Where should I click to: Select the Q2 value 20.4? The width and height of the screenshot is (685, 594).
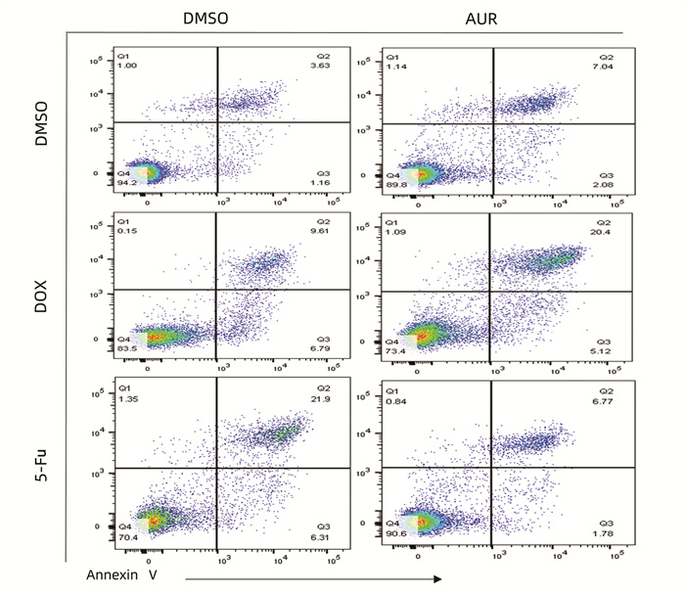pyautogui.click(x=608, y=235)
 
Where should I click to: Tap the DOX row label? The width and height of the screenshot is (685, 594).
pyautogui.click(x=40, y=291)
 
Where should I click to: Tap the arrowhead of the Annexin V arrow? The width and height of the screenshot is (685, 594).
pyautogui.click(x=436, y=578)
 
